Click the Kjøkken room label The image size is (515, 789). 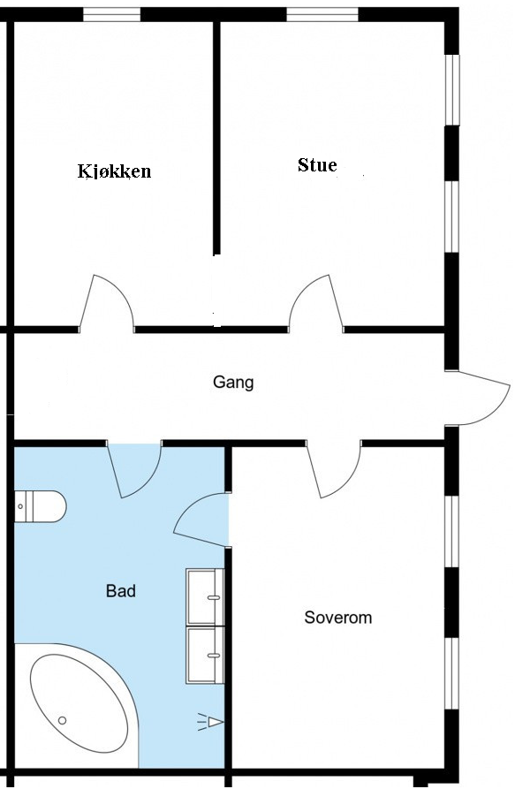pyautogui.click(x=114, y=171)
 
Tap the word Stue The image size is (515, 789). pyautogui.click(x=317, y=165)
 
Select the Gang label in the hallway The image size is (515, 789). pyautogui.click(x=233, y=383)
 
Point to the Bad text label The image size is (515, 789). pyautogui.click(x=121, y=591)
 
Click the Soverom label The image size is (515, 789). pyautogui.click(x=338, y=618)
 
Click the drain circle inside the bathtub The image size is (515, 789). pyautogui.click(x=62, y=720)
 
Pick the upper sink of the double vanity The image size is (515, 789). pyautogui.click(x=205, y=596)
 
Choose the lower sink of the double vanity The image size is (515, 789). pyautogui.click(x=205, y=654)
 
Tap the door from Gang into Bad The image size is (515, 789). pyautogui.click(x=135, y=468)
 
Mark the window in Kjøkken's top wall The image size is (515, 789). pyautogui.click(x=111, y=14)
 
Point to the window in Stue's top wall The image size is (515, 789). pyautogui.click(x=322, y=14)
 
